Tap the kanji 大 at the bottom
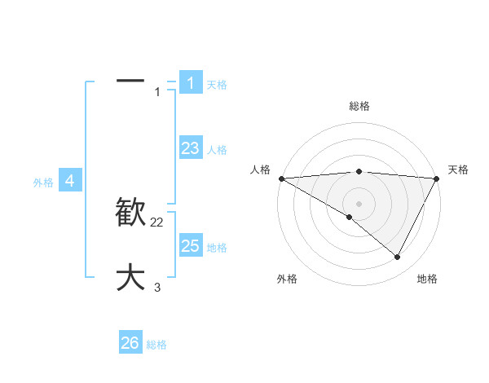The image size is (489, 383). coord(130,277)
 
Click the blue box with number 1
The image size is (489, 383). coord(190,83)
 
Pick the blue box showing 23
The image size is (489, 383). coord(190,148)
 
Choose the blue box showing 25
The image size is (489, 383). coord(190,245)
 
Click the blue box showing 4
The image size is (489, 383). coord(70,181)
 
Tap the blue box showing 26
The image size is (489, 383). coord(130,343)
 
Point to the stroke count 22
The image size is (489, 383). coord(157,222)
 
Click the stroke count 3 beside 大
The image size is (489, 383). coord(157,287)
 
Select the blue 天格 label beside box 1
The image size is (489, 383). coord(217,84)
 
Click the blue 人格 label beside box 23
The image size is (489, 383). coord(217,150)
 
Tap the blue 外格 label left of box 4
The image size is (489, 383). coord(43,183)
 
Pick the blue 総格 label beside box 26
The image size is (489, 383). coord(156,345)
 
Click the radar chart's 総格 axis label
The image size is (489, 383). coord(359,106)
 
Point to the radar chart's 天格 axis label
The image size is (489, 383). coord(458,169)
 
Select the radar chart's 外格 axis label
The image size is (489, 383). coord(286,279)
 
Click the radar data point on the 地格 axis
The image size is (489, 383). coord(398,258)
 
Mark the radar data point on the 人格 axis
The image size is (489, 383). coord(281,178)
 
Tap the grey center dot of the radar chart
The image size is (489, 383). coord(359,203)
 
